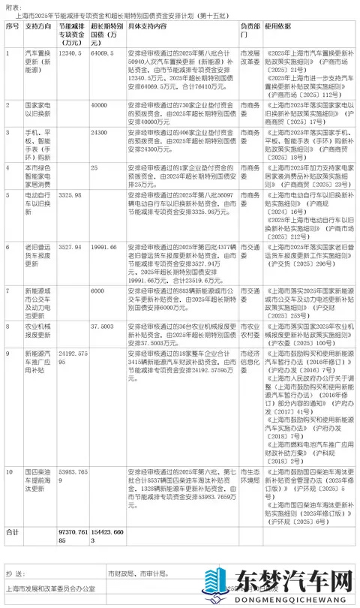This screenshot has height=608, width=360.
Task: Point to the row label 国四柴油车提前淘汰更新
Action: click(x=39, y=480)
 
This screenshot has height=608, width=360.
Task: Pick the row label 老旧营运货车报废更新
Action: click(x=39, y=254)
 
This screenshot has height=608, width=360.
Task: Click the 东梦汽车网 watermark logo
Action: click(x=292, y=584)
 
